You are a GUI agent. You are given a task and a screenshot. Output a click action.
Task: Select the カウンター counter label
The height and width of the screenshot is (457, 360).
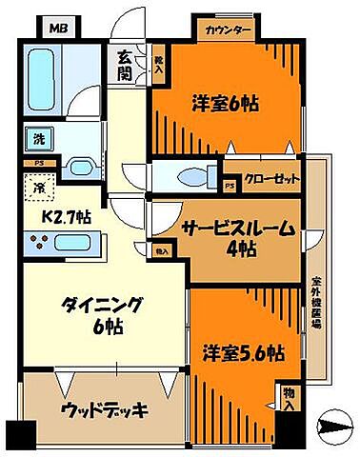pos(230,30)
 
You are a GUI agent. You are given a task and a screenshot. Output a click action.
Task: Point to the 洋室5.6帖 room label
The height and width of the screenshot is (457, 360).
pos(242,352)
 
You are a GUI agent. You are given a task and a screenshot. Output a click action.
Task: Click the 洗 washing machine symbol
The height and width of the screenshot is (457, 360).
pos(35,138)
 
